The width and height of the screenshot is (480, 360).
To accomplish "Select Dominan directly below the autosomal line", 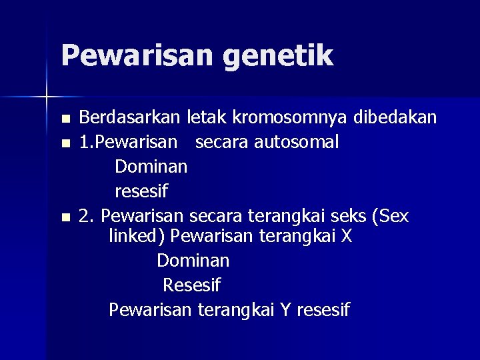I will click(151, 167).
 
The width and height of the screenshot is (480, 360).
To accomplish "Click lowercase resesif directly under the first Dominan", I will click(141, 191).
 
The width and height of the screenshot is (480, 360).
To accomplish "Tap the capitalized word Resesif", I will click(191, 285).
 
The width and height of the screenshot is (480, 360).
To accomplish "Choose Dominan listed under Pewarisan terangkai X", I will click(193, 260).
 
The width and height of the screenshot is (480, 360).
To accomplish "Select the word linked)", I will click(137, 237).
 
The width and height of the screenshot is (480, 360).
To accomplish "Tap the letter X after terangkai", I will click(345, 236).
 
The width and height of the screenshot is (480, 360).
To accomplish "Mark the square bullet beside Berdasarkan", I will click(65, 119).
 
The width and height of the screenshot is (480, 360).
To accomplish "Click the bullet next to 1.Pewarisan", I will click(65, 143).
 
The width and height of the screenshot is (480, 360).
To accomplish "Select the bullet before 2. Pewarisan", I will click(65, 217).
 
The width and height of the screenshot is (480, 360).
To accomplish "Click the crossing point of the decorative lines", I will click(47, 97).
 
